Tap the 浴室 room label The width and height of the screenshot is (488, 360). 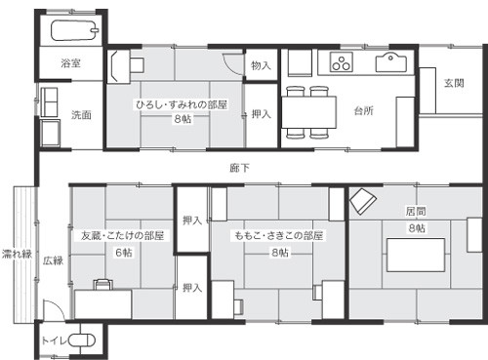pos(70,63)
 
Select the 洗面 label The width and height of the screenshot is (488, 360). pos(81,114)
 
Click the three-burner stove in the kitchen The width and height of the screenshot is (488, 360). pos(342,61)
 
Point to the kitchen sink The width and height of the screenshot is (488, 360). pos(391,62)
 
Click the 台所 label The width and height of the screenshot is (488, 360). pos(364,111)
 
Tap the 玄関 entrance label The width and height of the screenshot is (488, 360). pos(454,83)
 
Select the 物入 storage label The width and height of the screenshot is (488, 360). pos(261,65)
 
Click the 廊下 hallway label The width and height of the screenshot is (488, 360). pos(240,168)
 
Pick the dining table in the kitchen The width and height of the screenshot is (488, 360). pos(308,112)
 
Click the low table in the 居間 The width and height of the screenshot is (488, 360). pos(416,255)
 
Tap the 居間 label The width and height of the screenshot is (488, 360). pos(416,212)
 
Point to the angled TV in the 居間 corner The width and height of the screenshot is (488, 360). pos(363,201)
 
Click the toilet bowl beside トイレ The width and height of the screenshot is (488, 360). pos(82,340)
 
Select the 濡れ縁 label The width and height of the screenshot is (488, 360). pos(17,254)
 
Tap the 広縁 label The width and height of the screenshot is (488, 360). pos(53,260)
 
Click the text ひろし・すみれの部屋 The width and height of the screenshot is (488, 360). pos(182,104)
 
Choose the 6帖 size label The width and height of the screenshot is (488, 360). pos(124,253)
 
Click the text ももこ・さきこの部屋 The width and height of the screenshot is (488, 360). pos(279,235)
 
